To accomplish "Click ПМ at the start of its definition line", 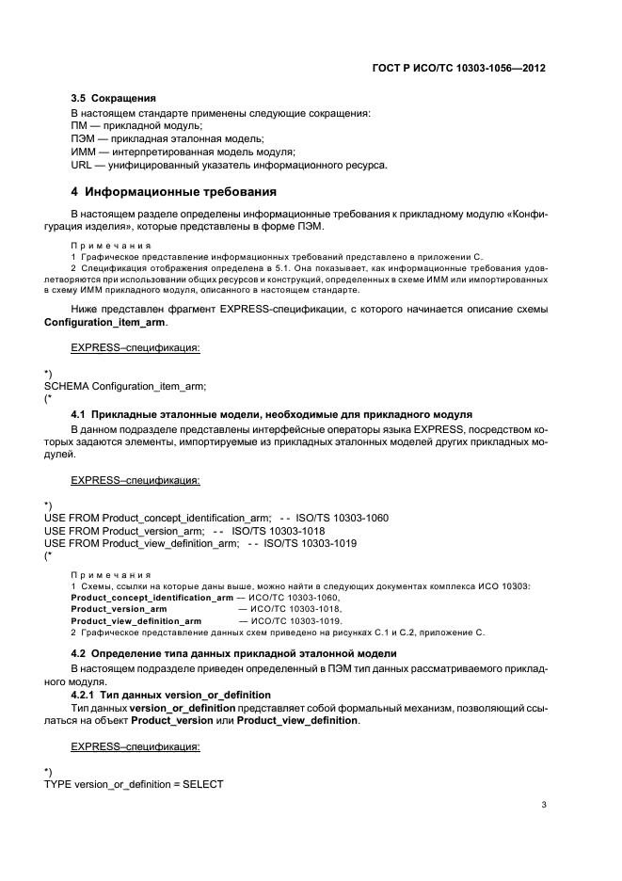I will coord(79,125).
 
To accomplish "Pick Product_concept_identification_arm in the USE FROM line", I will coord(184,518).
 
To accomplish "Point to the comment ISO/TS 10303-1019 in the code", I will coord(310,543).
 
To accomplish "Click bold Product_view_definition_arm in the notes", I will coord(136,621).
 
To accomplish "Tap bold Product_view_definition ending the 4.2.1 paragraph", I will coord(296,720).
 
